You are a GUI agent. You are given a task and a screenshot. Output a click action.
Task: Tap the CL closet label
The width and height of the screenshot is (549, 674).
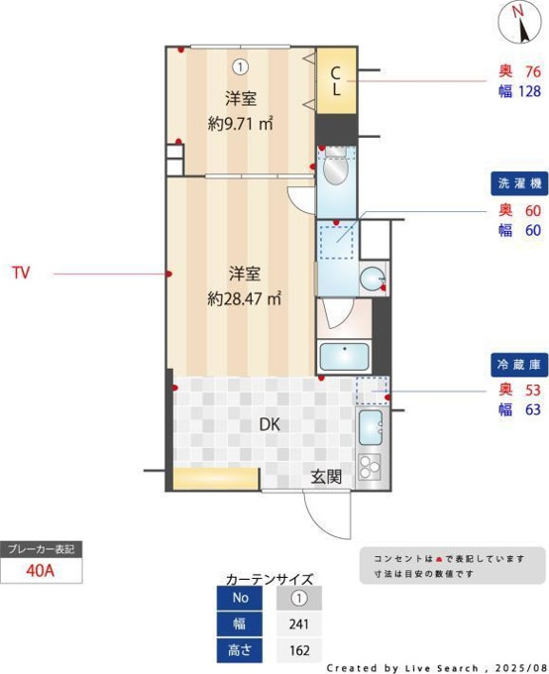pyautogui.click(x=335, y=81)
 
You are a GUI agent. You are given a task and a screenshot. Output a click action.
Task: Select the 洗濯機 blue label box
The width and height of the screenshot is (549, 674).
pyautogui.click(x=519, y=183)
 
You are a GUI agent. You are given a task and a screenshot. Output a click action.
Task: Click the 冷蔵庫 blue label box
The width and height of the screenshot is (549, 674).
pyautogui.click(x=519, y=365)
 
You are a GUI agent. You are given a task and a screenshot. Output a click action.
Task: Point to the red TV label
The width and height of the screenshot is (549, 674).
pyautogui.click(x=21, y=273)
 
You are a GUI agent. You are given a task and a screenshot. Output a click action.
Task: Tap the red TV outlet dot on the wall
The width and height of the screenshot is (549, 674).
pyautogui.click(x=169, y=274)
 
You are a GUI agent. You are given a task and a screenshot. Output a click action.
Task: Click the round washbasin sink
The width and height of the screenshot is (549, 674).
pyautogui.click(x=372, y=278)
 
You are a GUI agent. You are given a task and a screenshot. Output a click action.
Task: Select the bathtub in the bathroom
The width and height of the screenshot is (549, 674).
pyautogui.click(x=344, y=357)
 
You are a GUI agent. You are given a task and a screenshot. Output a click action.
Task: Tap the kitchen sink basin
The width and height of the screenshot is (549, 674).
pyautogui.click(x=371, y=427)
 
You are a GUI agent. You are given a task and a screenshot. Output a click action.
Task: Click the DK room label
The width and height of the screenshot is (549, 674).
pyautogui.click(x=270, y=424)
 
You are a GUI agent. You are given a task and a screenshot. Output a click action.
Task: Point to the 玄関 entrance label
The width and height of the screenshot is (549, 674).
pyautogui.click(x=326, y=477)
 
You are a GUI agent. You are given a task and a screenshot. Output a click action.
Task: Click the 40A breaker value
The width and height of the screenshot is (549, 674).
pyautogui.click(x=41, y=570)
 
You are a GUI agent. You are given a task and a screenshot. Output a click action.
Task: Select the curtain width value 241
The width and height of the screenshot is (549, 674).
pyautogui.click(x=299, y=623)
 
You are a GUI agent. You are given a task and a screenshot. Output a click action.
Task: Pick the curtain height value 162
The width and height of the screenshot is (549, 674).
pyautogui.click(x=299, y=650)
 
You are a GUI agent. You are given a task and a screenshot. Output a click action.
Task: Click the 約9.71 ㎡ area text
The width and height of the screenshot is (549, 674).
pyautogui.click(x=241, y=124)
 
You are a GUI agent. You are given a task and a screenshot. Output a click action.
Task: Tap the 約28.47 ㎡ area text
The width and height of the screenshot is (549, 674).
pyautogui.click(x=244, y=298)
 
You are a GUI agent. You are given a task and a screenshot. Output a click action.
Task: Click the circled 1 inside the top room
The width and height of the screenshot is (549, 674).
pyautogui.click(x=241, y=67)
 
